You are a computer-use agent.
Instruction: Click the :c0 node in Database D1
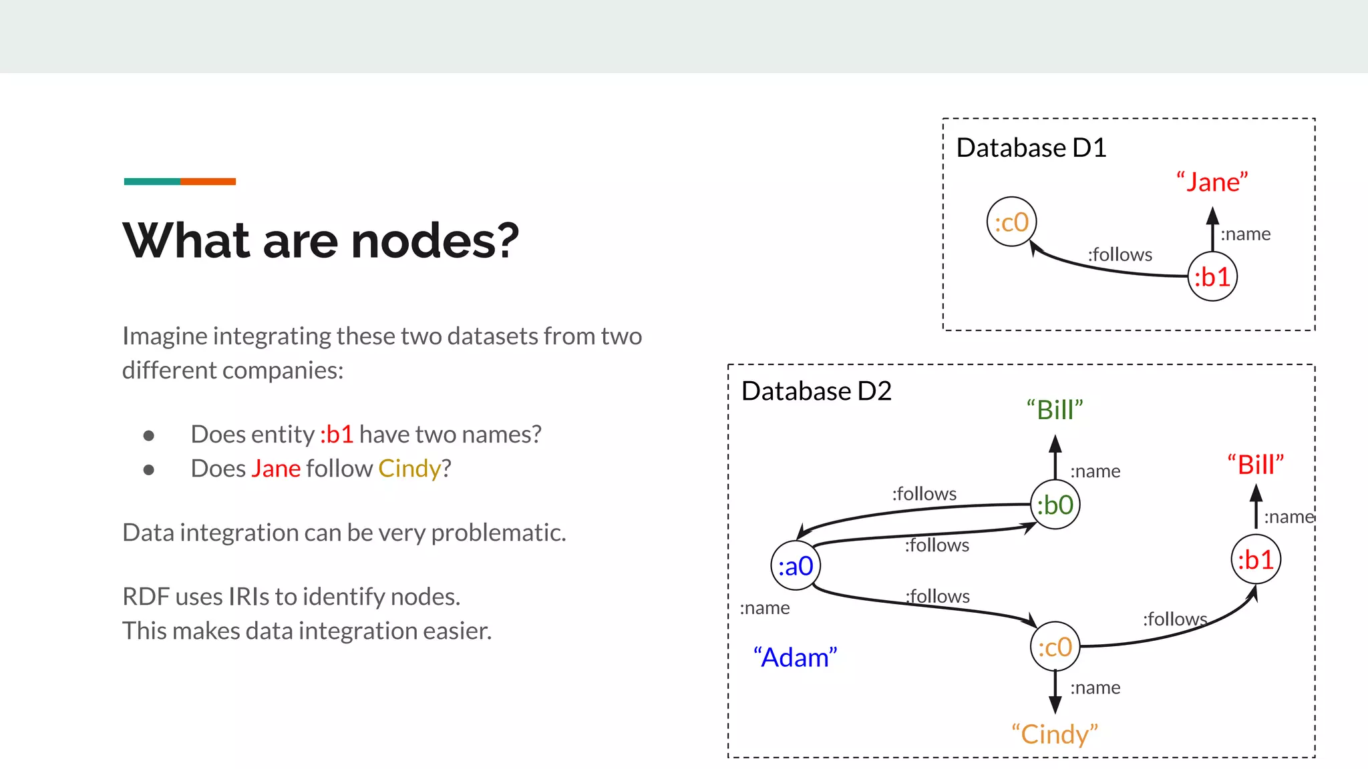1011,222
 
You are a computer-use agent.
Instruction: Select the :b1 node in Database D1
1212,276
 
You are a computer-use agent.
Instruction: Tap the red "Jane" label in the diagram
1212,182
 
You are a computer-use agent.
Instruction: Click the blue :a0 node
795,566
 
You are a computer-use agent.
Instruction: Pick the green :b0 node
1055,505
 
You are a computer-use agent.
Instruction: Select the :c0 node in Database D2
1055,647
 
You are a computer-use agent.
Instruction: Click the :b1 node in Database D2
1256,559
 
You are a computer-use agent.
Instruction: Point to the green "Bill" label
1055,410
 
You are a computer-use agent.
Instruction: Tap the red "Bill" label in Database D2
1256,465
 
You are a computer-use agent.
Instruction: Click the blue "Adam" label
795,658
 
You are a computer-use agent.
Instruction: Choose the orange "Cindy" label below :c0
1055,734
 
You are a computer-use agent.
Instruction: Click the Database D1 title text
1031,148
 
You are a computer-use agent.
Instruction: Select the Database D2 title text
816,391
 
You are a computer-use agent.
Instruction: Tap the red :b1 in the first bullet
337,435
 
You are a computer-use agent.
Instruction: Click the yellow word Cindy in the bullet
409,469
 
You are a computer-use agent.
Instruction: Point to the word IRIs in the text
248,597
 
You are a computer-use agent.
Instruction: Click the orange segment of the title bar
208,182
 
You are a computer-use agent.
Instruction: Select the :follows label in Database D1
1120,254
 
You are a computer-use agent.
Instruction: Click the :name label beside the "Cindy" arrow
1095,688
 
